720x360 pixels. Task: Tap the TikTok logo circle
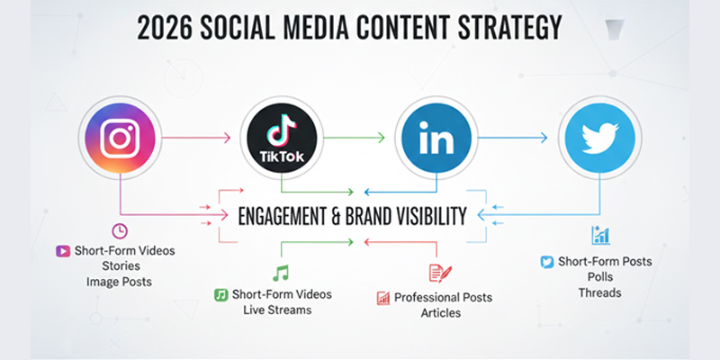click(281, 139)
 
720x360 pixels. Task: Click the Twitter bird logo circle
click(596, 139)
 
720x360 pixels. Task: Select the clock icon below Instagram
click(120, 230)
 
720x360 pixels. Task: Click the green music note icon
click(281, 273)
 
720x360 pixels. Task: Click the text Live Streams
click(282, 310)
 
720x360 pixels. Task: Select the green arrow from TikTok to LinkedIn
click(355, 138)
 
